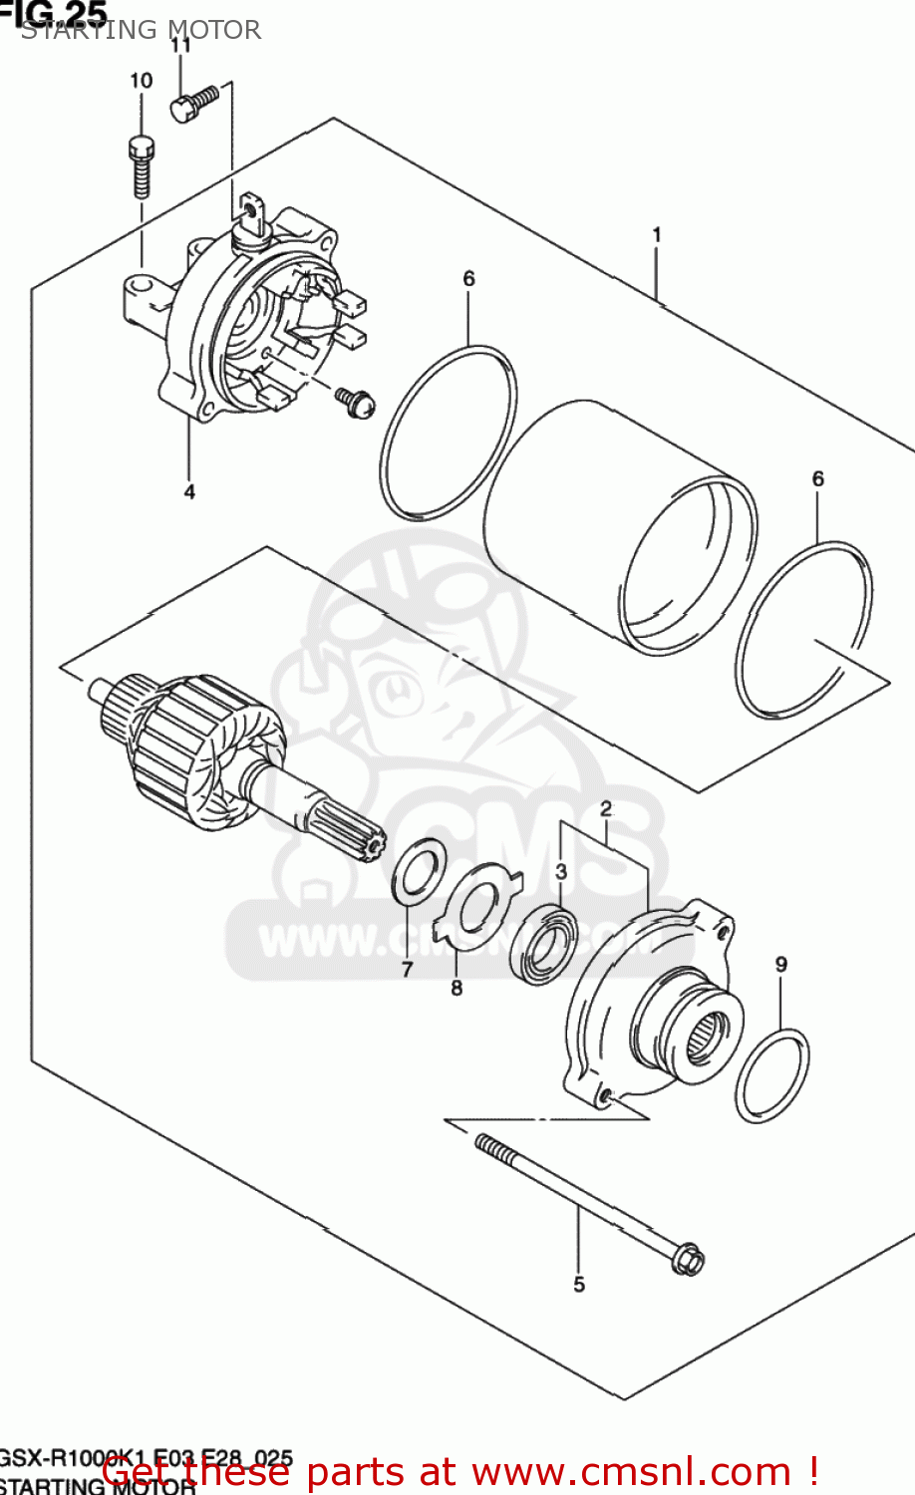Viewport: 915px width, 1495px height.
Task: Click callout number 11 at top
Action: click(x=179, y=45)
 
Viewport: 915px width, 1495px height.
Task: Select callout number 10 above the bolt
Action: click(x=141, y=81)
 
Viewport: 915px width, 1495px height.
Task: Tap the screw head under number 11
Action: click(x=181, y=109)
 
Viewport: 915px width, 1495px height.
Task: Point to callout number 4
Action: click(x=188, y=491)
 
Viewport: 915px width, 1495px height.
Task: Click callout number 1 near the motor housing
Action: click(x=657, y=234)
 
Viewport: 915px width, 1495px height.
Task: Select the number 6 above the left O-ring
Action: click(x=468, y=279)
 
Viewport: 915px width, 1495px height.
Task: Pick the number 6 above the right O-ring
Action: click(x=817, y=479)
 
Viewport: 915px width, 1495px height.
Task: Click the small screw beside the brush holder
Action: click(x=356, y=401)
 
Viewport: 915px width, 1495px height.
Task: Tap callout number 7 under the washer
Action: click(x=407, y=969)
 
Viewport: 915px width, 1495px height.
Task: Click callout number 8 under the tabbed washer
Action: click(x=457, y=988)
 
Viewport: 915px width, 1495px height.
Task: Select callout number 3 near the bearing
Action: click(x=561, y=872)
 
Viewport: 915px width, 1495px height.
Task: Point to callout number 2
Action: click(x=605, y=809)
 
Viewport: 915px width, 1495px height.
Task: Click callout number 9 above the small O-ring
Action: click(x=780, y=964)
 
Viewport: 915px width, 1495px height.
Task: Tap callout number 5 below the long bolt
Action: click(x=579, y=1285)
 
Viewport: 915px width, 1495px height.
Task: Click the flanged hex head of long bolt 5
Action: click(x=686, y=1258)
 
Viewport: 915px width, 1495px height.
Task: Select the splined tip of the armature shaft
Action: click(x=369, y=847)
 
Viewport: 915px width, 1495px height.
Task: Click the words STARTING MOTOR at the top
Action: click(x=141, y=30)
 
